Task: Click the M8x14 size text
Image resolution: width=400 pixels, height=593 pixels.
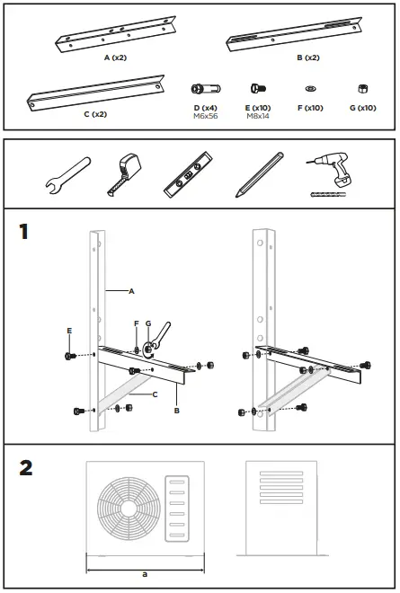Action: click(259, 115)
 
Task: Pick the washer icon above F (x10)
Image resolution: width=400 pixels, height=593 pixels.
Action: click(310, 89)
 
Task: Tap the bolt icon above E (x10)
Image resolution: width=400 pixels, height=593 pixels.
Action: click(258, 89)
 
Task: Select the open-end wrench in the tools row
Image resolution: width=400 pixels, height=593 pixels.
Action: click(65, 175)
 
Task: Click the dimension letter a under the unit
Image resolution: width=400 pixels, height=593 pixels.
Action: click(145, 573)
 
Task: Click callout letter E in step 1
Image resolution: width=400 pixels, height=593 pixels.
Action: click(68, 331)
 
